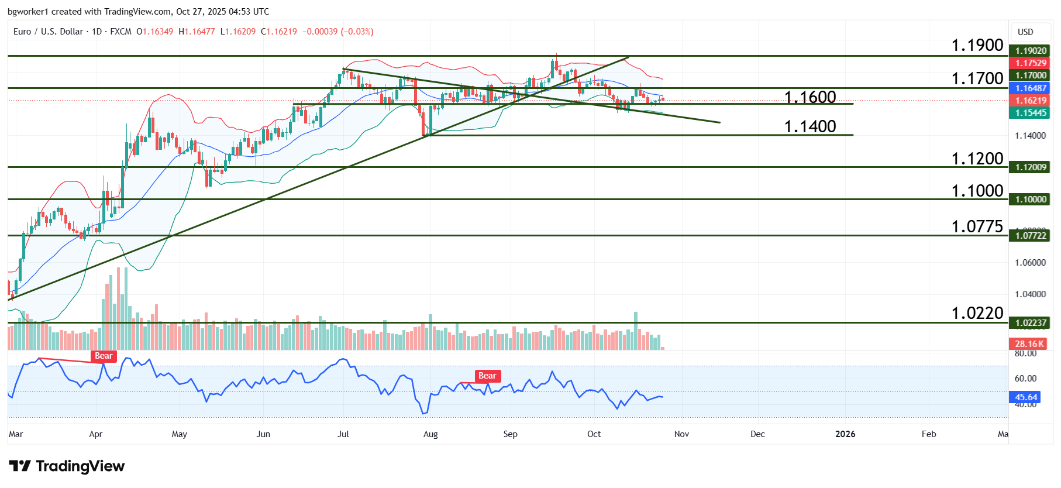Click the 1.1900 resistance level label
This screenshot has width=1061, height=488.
977,45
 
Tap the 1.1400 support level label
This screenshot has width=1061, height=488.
809,126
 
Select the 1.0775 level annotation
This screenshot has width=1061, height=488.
977,226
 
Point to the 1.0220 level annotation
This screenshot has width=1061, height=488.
977,313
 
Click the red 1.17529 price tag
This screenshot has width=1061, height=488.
1030,63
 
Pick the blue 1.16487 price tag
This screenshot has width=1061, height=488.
1030,88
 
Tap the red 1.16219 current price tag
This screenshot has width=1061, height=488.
1030,101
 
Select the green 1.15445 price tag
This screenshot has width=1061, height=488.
1030,113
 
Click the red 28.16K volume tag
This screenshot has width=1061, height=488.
1029,344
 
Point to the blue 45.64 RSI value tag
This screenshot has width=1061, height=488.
1025,397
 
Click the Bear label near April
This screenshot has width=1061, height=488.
104,356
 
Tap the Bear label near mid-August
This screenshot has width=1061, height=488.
487,376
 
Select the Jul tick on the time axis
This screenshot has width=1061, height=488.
343,434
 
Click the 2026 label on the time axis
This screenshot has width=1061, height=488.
845,434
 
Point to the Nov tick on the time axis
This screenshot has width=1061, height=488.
681,434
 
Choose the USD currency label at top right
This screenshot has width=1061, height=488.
1025,32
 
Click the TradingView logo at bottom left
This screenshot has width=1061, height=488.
67,466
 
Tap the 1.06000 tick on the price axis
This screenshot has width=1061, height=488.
1030,263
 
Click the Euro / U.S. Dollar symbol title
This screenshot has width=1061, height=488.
48,32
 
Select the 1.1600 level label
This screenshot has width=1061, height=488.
809,97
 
